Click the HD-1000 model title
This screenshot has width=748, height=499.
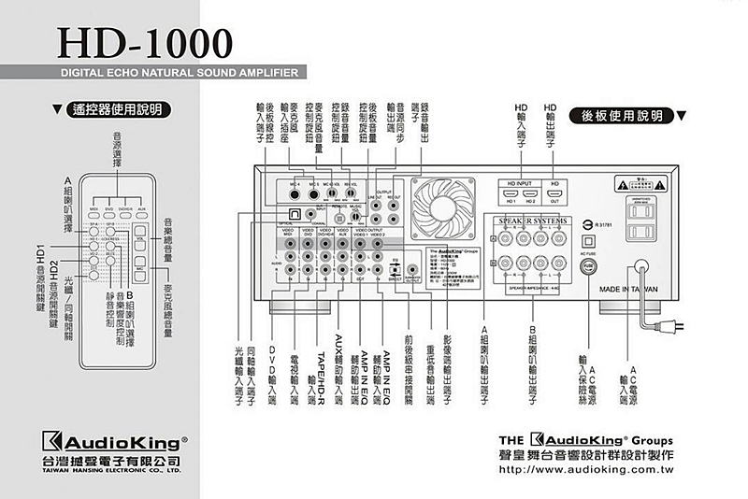(x=145, y=41)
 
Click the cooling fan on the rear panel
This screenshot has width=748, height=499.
(x=445, y=207)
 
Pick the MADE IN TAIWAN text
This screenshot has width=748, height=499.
(x=630, y=289)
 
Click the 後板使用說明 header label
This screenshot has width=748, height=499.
(x=621, y=115)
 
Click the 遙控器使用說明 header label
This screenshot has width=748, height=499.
(x=116, y=110)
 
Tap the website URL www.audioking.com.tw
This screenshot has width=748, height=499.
(x=587, y=475)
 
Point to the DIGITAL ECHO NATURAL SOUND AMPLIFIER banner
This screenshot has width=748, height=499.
(x=178, y=71)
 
